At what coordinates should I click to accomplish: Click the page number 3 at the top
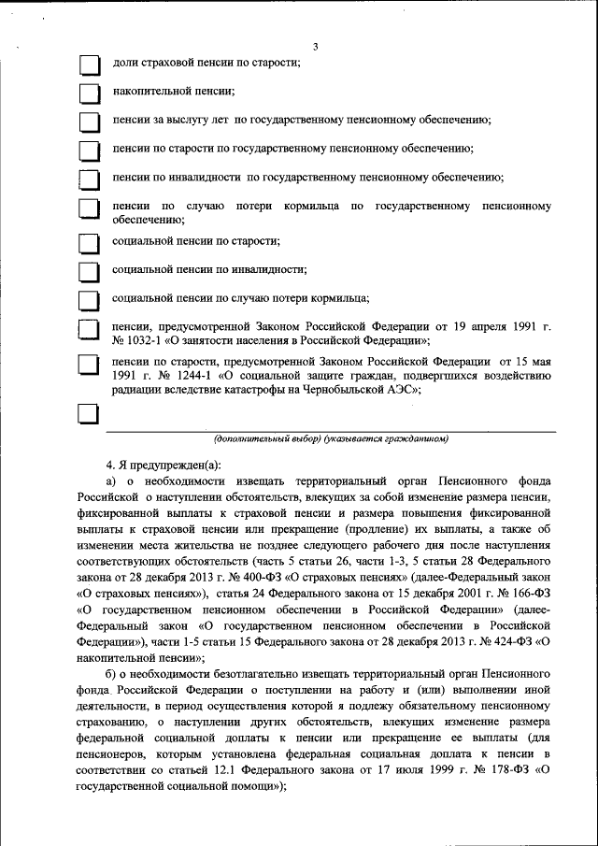tap(316, 47)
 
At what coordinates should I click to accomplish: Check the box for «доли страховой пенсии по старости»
tap(89, 64)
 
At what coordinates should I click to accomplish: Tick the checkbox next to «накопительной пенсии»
tap(89, 93)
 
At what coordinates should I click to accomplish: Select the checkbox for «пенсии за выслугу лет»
tap(89, 122)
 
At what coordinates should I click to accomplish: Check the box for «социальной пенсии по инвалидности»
tap(89, 271)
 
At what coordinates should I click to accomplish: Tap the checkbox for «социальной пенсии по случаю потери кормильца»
tap(89, 300)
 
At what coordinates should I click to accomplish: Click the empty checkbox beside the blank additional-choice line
tap(89, 416)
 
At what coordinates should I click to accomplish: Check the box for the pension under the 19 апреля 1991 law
tap(89, 329)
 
